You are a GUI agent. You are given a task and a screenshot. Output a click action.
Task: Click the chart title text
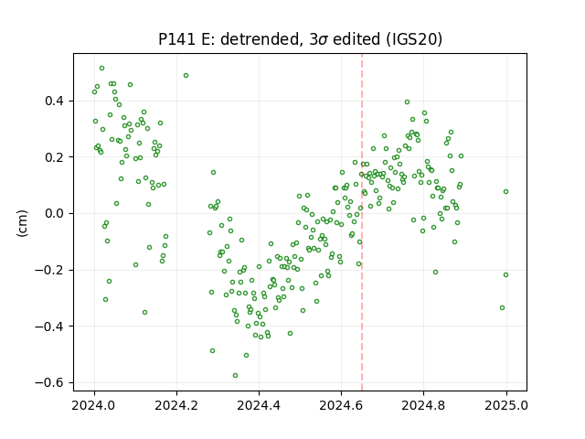[x=300, y=39]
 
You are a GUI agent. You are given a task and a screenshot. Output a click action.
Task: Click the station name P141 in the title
[x=177, y=39]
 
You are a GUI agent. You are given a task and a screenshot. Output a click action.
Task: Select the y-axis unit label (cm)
[x=22, y=223]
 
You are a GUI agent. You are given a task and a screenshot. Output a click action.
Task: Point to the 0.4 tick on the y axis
[x=55, y=102]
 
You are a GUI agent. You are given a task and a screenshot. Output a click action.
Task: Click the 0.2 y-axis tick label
[x=55, y=157]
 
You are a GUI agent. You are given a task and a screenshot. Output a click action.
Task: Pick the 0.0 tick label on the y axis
[x=55, y=214]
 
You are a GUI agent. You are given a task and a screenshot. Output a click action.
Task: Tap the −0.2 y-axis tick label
[x=50, y=271]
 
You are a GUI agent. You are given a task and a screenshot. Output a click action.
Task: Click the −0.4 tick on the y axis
[x=50, y=327]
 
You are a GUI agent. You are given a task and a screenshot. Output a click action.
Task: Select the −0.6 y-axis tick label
[x=50, y=383]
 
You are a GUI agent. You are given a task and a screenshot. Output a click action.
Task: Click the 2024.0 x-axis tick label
[x=94, y=405]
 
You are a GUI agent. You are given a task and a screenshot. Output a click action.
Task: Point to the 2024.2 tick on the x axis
[x=176, y=405]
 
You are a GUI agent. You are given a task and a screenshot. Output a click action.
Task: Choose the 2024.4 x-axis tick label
[x=259, y=405]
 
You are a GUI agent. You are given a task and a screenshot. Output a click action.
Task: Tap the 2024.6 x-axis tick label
[x=341, y=405]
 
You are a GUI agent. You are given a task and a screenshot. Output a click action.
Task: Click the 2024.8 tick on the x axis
[x=423, y=405]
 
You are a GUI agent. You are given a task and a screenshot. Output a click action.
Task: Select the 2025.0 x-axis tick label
[x=505, y=405]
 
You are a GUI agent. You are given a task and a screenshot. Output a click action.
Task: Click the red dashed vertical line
[x=362, y=222]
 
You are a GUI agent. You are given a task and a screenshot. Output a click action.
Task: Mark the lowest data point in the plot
[x=236, y=376]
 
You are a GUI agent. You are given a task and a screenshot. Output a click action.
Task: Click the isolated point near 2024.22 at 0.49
[x=186, y=75]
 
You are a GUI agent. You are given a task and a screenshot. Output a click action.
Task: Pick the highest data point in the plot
[x=101, y=69]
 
